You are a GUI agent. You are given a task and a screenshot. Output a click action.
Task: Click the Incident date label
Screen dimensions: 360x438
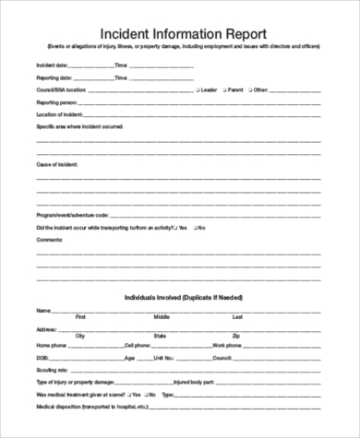tap(52, 66)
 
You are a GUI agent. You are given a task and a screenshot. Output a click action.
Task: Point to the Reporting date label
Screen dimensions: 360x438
tap(54, 78)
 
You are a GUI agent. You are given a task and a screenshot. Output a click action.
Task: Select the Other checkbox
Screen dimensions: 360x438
tap(246, 90)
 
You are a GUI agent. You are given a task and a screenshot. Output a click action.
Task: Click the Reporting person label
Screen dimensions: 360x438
tap(56, 102)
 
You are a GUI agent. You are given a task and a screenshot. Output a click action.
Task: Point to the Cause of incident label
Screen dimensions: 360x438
tap(56, 162)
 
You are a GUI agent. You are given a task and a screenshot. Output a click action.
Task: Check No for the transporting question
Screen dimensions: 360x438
tap(195, 228)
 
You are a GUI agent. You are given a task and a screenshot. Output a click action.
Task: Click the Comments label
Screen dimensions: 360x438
tap(49, 240)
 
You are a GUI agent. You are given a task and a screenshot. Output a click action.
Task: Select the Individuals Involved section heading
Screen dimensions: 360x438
tap(179, 298)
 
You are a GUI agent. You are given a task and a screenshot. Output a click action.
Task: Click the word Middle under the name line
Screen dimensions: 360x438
tap(161, 316)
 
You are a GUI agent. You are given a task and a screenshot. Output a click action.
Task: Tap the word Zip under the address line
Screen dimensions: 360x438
tap(236, 336)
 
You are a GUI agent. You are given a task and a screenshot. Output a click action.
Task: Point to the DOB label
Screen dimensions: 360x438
tap(42, 357)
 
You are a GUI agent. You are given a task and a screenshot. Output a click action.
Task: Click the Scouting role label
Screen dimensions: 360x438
tap(51, 369)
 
